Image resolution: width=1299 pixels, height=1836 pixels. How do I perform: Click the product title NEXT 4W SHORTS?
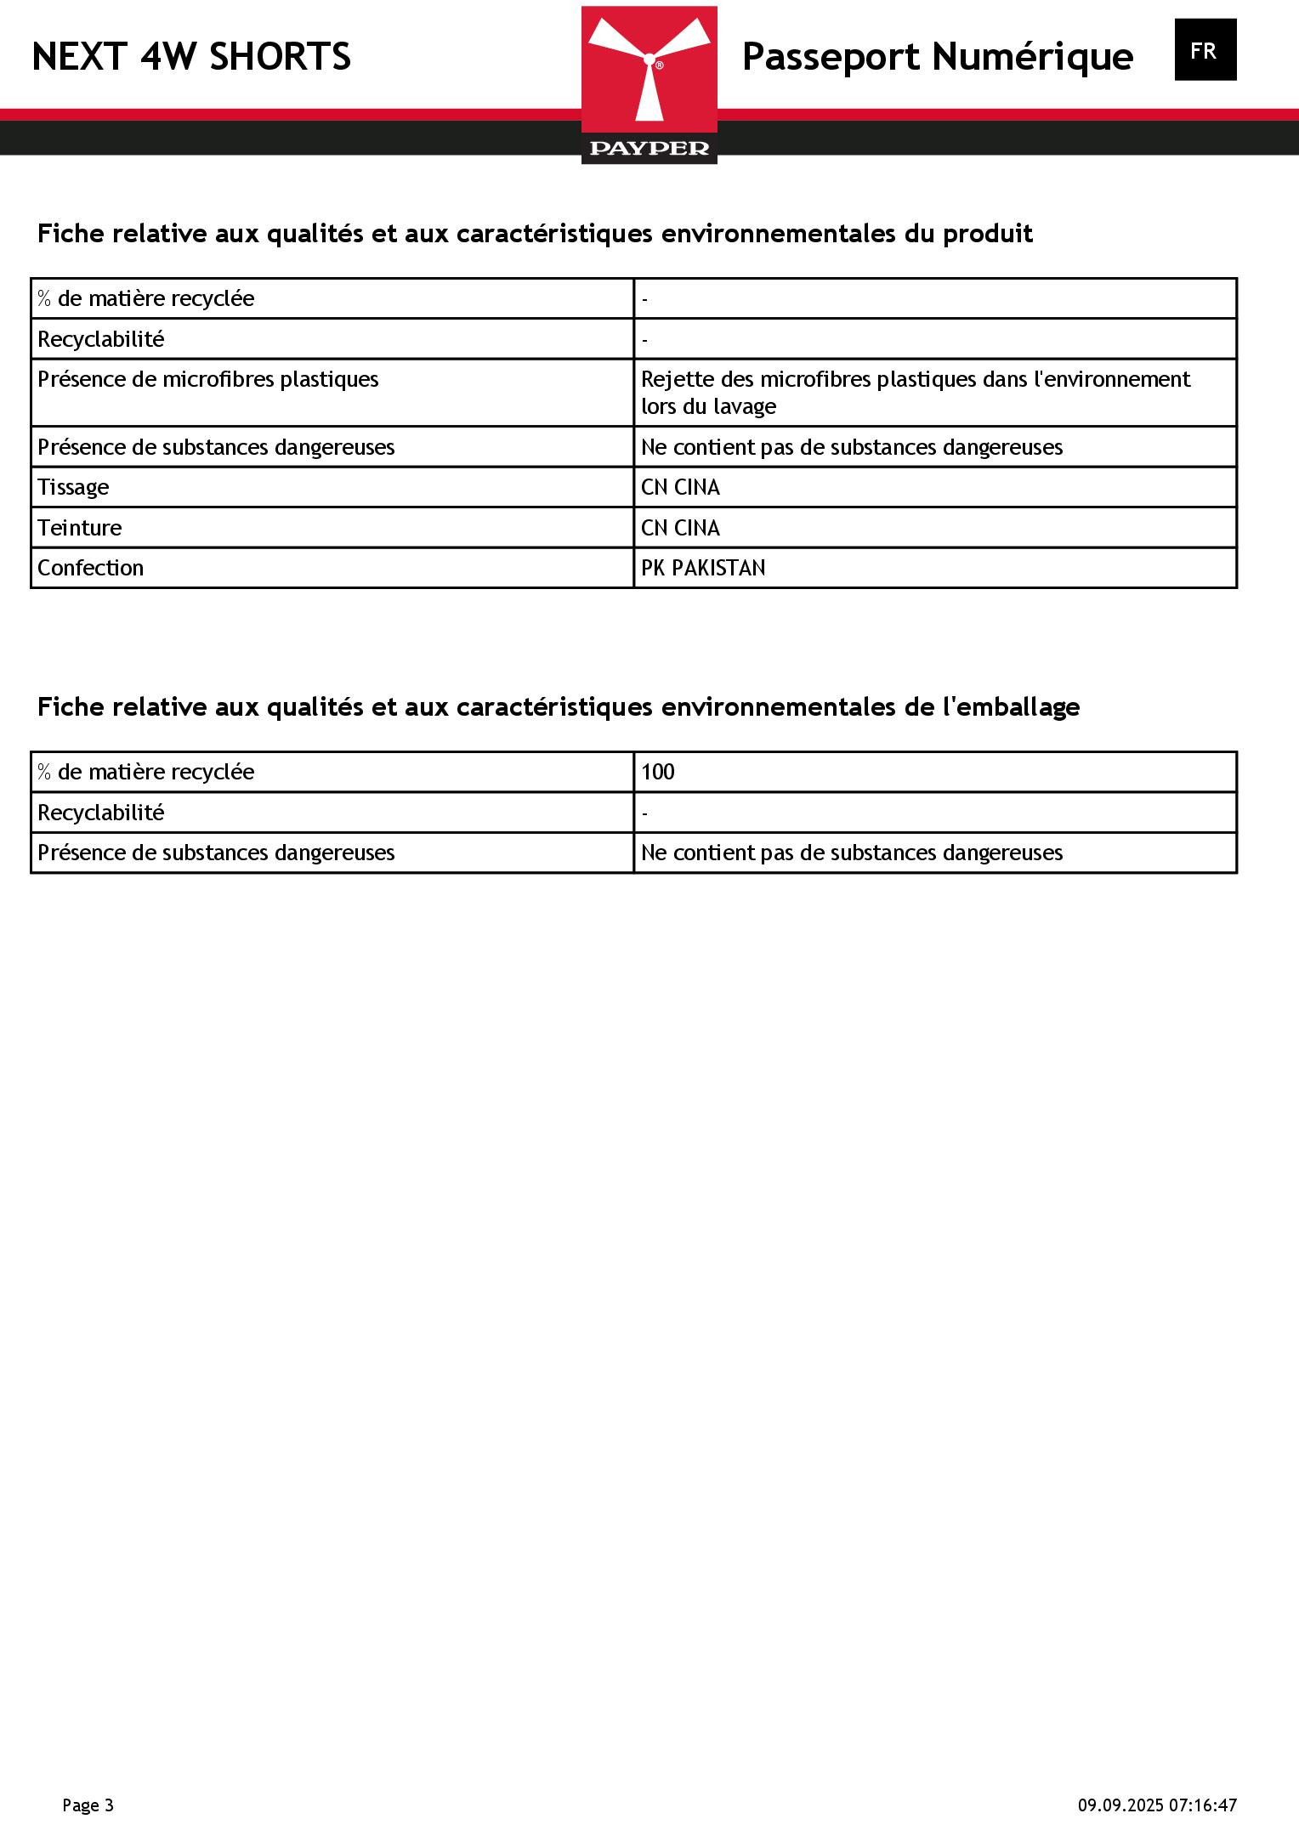pos(191,57)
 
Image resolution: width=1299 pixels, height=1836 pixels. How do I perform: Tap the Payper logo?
pos(649,85)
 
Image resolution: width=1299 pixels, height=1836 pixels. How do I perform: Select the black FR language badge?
pos(1205,50)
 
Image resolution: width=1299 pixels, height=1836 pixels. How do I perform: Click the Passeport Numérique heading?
pos(937,57)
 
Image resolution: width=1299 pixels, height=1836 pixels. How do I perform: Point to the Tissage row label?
pos(73,487)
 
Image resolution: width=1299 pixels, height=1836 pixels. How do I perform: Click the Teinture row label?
pos(80,528)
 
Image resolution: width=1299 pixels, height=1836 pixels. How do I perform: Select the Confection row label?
pos(90,568)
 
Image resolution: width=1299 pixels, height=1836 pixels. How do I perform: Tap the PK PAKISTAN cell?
pos(703,568)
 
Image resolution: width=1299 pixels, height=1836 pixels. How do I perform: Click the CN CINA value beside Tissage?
pos(680,487)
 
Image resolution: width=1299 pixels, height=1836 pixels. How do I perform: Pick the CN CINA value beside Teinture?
pos(680,528)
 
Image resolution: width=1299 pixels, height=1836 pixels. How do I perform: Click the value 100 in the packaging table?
pos(658,772)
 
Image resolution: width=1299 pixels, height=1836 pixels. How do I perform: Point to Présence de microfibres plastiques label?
pos(208,379)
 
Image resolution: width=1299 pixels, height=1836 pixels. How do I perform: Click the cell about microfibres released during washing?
pos(915,392)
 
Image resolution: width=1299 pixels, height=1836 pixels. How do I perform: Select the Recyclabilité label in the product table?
pos(100,339)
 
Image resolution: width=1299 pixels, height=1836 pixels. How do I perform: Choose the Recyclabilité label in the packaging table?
pos(100,813)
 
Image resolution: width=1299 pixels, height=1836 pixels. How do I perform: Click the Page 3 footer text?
pos(88,1805)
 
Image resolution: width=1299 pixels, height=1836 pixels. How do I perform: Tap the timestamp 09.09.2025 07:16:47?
pos(1157,1805)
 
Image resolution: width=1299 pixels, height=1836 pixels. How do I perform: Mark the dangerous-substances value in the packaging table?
pos(851,853)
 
